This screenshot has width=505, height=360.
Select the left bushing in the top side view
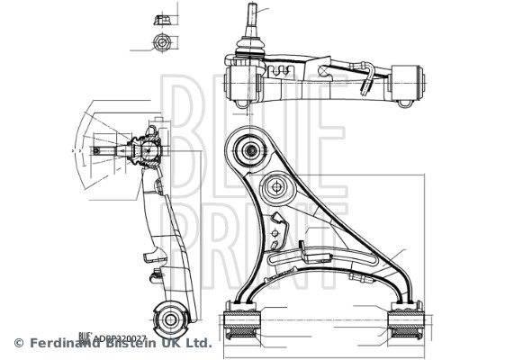tap(241, 83)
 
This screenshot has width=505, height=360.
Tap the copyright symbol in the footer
tap(18, 343)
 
